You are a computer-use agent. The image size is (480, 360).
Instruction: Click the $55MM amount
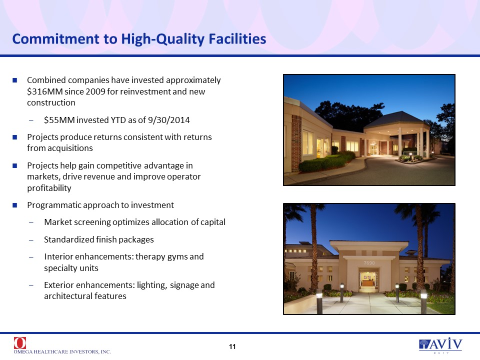(x=59, y=120)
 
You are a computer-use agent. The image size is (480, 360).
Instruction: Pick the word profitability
(x=49, y=188)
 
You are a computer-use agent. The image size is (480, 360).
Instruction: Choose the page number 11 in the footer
(x=232, y=346)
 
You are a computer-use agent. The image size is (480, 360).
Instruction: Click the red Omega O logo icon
(x=20, y=343)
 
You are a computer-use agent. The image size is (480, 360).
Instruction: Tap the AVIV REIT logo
(x=440, y=345)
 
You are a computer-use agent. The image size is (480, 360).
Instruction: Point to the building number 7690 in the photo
(x=369, y=263)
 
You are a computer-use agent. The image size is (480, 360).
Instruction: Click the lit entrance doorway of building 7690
(x=368, y=280)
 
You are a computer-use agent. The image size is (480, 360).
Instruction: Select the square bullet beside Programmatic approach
(x=14, y=205)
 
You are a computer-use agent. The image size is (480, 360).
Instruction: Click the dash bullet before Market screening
(x=31, y=222)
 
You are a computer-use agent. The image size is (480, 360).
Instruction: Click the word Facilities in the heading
(x=237, y=39)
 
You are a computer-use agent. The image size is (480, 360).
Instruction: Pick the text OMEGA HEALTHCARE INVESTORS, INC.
(x=62, y=351)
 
